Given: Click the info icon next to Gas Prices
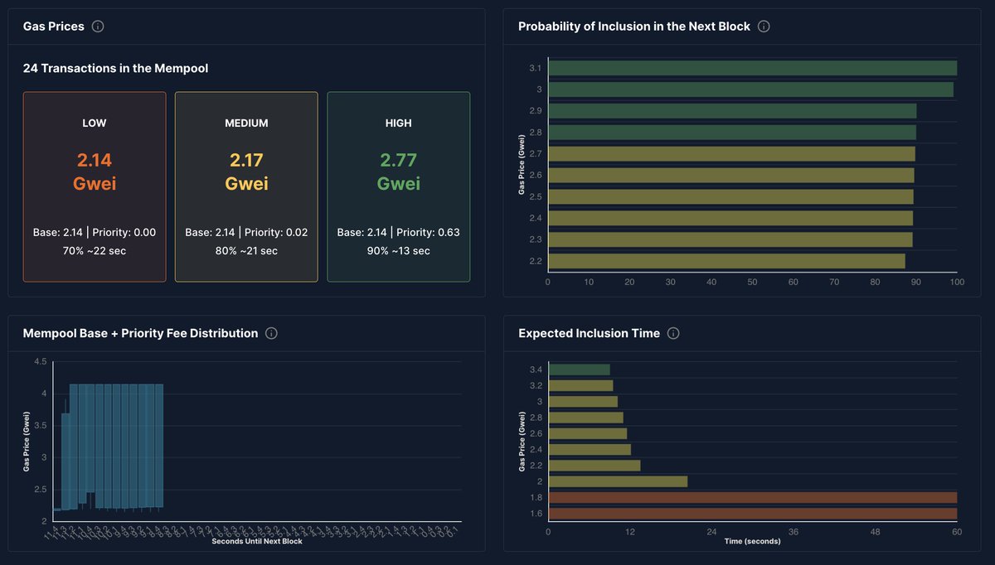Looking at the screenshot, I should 98,27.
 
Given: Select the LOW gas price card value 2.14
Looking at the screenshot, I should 95,160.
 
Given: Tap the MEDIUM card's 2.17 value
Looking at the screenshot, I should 246,160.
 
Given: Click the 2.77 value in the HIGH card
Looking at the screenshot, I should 398,160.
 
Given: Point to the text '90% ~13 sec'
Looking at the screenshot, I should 398,250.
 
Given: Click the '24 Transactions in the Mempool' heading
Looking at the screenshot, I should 115,68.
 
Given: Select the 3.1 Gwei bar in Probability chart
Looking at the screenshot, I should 752,68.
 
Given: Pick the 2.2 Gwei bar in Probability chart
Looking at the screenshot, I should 726,261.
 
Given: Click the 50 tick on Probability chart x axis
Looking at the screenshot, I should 752,282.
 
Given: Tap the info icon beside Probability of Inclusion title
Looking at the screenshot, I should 764,27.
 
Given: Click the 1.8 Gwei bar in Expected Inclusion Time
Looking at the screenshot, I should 752,498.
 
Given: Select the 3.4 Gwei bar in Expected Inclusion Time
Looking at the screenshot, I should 579,369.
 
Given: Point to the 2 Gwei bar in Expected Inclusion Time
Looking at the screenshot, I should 618,481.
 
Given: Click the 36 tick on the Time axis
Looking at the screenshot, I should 794,531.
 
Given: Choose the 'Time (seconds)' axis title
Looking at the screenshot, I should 752,541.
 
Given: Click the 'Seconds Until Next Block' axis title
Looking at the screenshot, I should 257,542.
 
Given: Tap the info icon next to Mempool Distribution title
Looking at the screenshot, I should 271,333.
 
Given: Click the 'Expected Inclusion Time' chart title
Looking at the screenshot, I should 589,333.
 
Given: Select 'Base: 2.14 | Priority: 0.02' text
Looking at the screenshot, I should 246,233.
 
